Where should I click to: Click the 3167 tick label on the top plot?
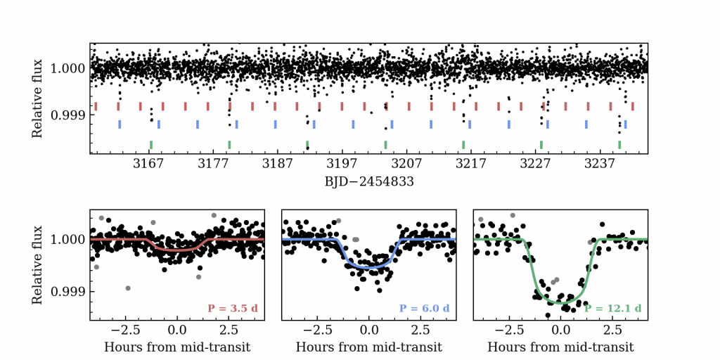148,165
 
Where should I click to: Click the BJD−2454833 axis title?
368,181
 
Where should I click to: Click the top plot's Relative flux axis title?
38,98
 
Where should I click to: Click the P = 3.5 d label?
233,309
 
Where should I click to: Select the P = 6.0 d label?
424,309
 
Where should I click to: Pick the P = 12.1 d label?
612,309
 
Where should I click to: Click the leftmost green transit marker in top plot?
151,145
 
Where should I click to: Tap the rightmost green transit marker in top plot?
619,145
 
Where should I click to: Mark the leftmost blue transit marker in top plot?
120,124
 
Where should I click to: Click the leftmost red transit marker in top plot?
96,106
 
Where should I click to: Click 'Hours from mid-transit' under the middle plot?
369,347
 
